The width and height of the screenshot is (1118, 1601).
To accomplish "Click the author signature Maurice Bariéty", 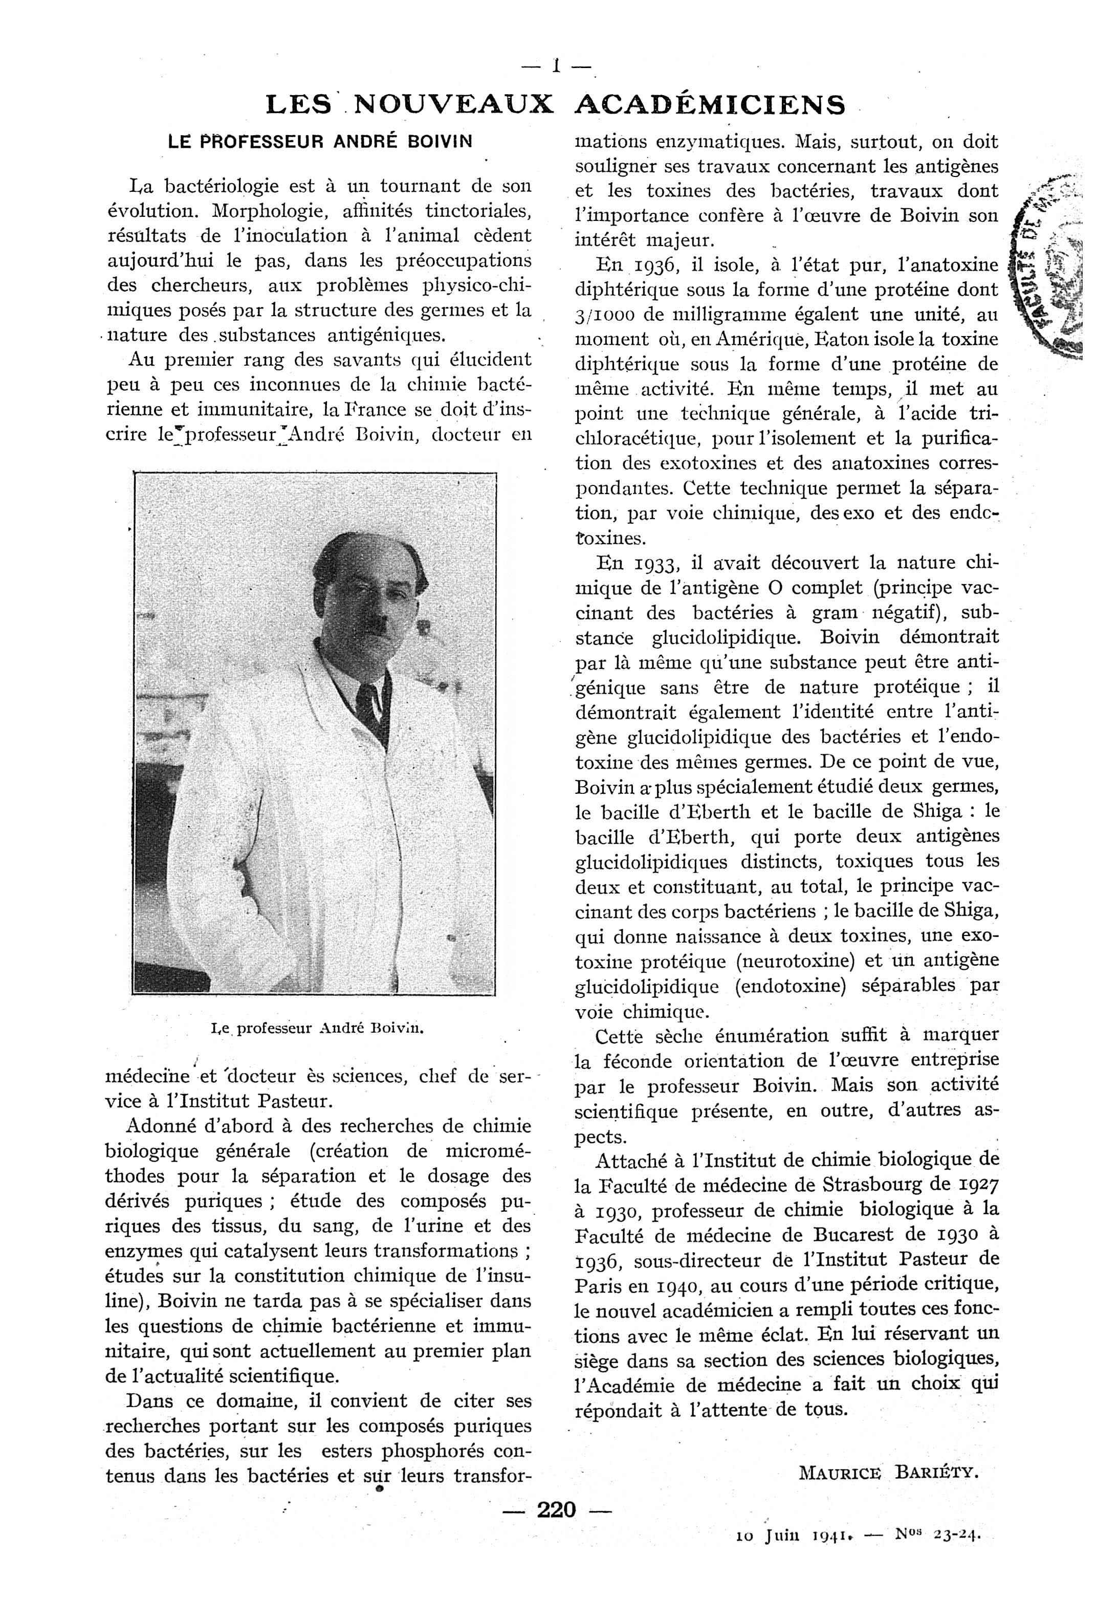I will pos(889,1473).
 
